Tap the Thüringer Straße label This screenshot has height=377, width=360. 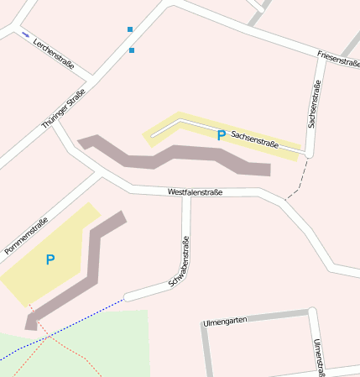pyautogui.click(x=65, y=109)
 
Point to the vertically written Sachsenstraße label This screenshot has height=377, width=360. pyautogui.click(x=315, y=104)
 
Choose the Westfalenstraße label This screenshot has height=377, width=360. pyautogui.click(x=195, y=192)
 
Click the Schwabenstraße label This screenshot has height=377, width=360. pyautogui.click(x=179, y=262)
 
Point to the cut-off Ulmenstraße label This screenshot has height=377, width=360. pyautogui.click(x=318, y=358)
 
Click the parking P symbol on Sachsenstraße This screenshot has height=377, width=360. pyautogui.click(x=221, y=134)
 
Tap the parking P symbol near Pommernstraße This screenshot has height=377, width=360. pyautogui.click(x=50, y=260)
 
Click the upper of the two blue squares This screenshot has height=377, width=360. pyautogui.click(x=130, y=29)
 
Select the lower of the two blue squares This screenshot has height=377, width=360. pyautogui.click(x=132, y=50)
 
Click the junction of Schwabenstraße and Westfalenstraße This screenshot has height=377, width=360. pyautogui.click(x=186, y=196)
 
